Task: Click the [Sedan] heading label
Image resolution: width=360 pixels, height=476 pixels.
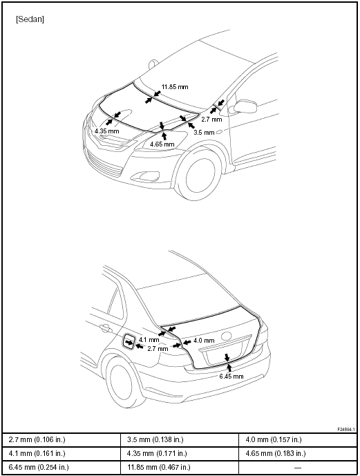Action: [30, 19]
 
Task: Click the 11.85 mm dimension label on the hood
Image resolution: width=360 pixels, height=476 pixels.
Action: [175, 87]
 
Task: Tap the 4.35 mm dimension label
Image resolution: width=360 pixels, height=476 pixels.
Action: [107, 131]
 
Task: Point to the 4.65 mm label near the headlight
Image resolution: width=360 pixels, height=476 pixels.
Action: [162, 144]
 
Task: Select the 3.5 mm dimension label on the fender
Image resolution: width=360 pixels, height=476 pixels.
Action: [204, 133]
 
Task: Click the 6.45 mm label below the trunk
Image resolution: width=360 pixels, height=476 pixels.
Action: [231, 377]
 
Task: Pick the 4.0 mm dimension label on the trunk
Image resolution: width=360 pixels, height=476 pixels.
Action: [204, 341]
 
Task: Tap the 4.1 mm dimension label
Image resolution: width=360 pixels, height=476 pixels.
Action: [149, 340]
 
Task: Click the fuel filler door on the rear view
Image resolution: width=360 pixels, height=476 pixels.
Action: [129, 342]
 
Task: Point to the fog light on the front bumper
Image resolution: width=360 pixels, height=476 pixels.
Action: [148, 175]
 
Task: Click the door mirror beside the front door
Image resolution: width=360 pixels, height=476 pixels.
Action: [245, 106]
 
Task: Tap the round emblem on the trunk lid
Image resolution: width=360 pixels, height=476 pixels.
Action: [226, 336]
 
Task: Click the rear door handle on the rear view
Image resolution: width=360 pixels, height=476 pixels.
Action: [105, 328]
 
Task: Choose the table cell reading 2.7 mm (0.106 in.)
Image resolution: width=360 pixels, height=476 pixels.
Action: [61, 439]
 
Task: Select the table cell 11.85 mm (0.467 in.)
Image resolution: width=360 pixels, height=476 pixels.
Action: [180, 468]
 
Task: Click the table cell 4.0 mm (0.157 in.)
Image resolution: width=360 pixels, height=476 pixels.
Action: [298, 439]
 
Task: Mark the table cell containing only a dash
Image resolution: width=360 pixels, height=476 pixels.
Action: [298, 468]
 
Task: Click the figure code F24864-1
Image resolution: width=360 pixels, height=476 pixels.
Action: [346, 430]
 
